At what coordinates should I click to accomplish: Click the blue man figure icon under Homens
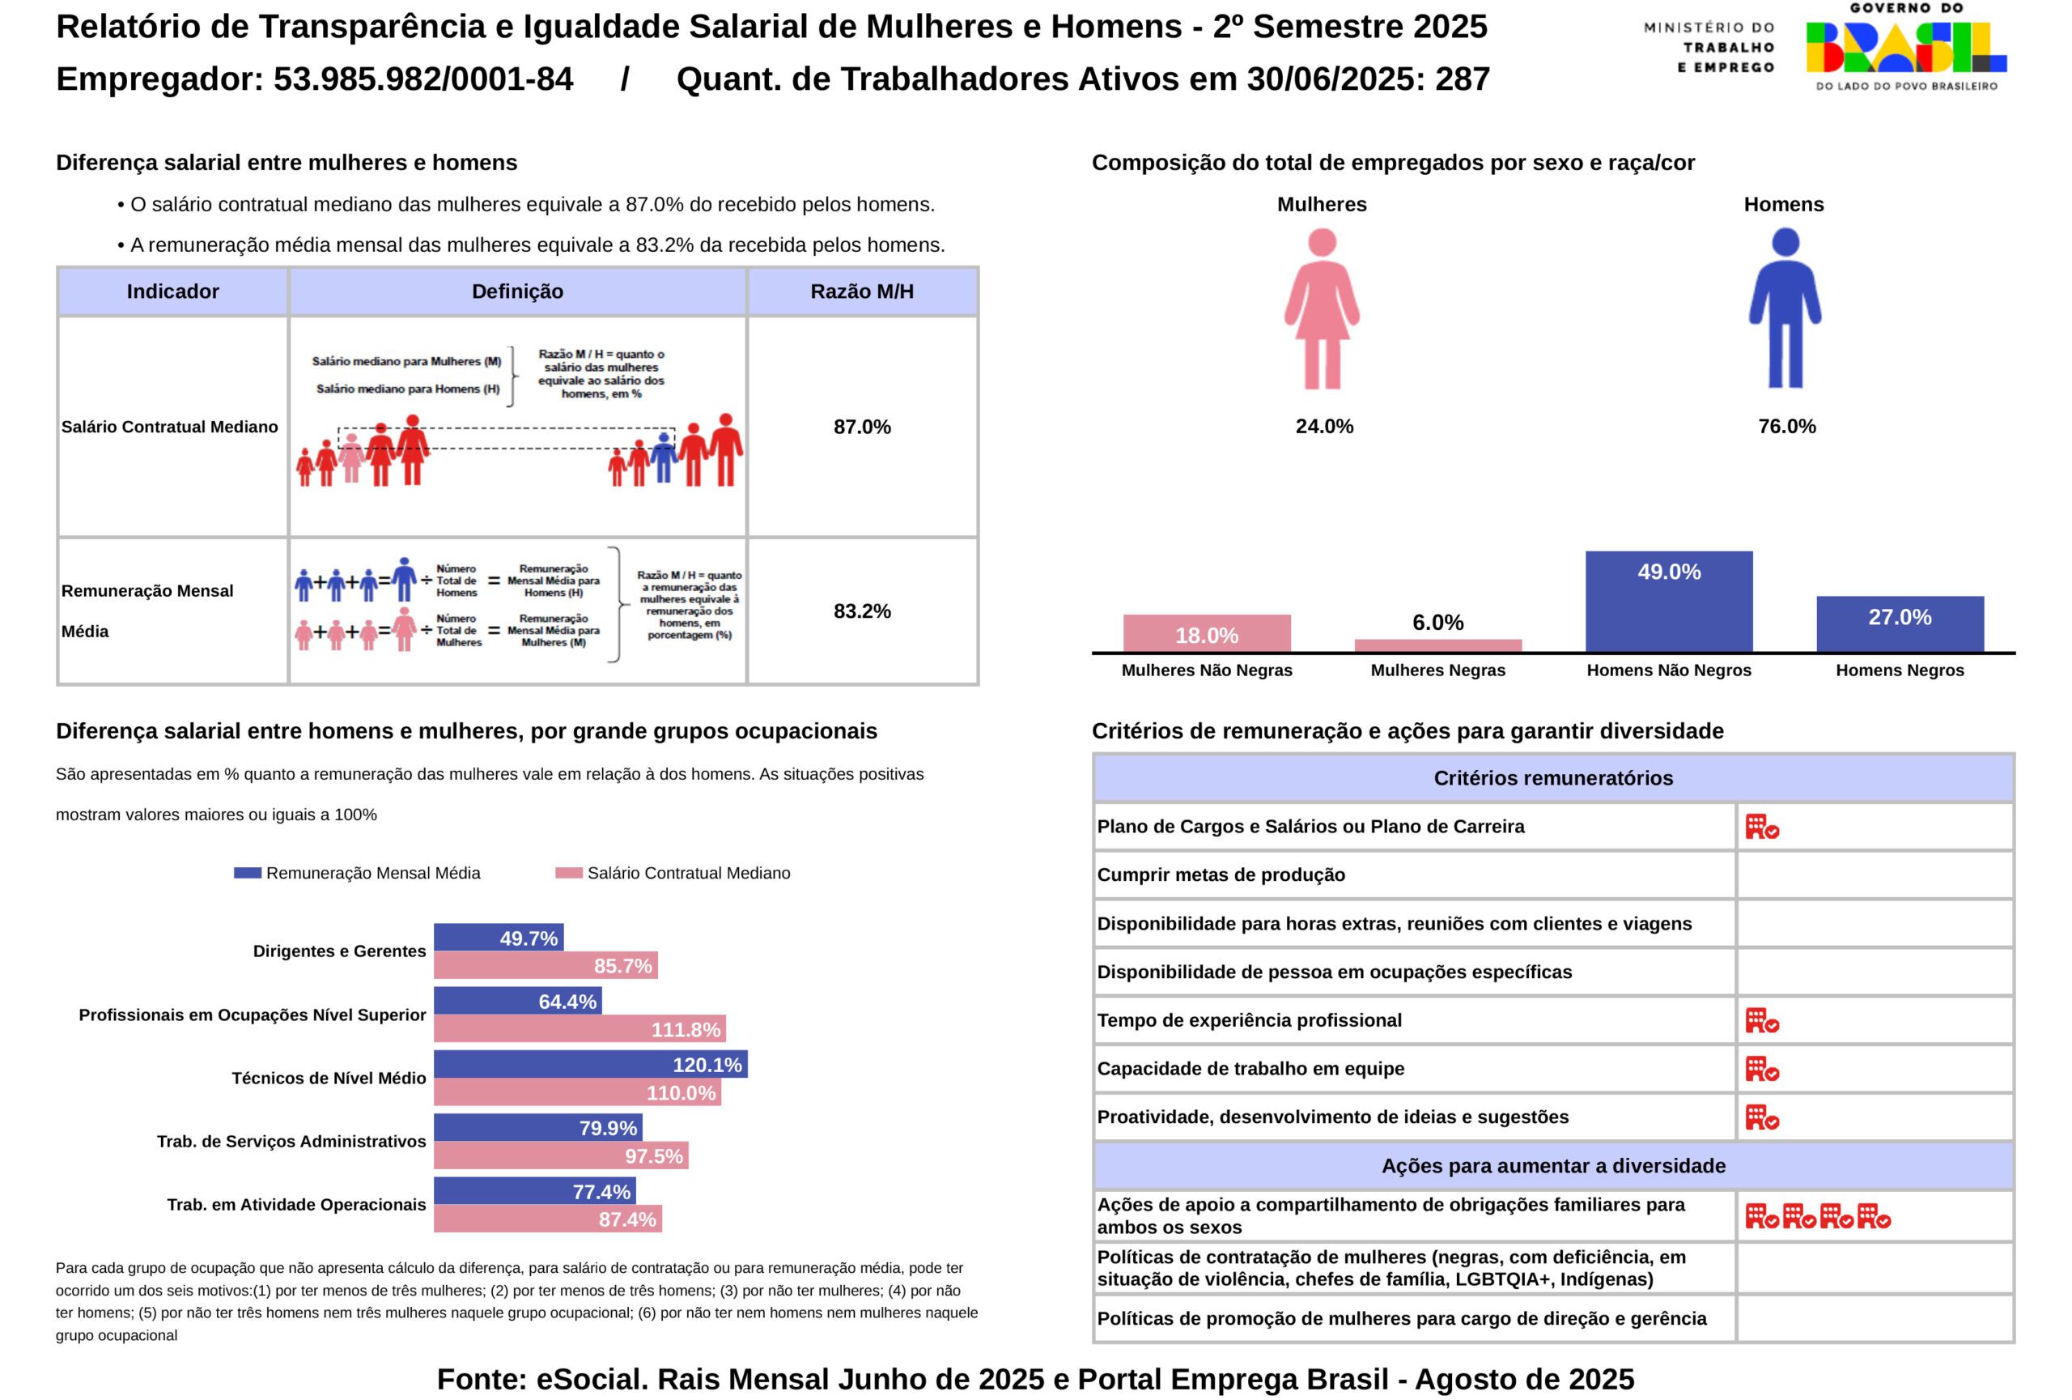(1785, 309)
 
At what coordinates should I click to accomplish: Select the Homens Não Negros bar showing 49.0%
(1668, 601)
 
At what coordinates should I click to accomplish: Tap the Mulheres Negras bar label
(1437, 670)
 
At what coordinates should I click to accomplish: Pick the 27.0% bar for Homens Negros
(1900, 624)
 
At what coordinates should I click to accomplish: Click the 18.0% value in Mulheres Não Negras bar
(1206, 636)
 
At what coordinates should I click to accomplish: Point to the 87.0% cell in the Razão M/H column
(862, 428)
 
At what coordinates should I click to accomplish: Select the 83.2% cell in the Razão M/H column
(862, 611)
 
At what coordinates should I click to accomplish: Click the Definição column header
(517, 291)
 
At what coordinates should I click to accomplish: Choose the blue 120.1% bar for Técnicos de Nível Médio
(590, 1065)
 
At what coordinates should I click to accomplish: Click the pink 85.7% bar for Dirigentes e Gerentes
(546, 966)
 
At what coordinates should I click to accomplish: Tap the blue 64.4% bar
(517, 1002)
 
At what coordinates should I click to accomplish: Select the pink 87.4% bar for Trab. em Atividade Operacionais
(547, 1219)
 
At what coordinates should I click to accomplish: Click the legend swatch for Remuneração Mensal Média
(247, 873)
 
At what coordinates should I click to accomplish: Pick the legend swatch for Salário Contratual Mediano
(568, 873)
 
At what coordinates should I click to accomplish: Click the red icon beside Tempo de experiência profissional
(1762, 1020)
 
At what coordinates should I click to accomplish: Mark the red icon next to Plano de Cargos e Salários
(1762, 827)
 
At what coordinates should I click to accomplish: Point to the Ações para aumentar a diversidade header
(1553, 1165)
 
